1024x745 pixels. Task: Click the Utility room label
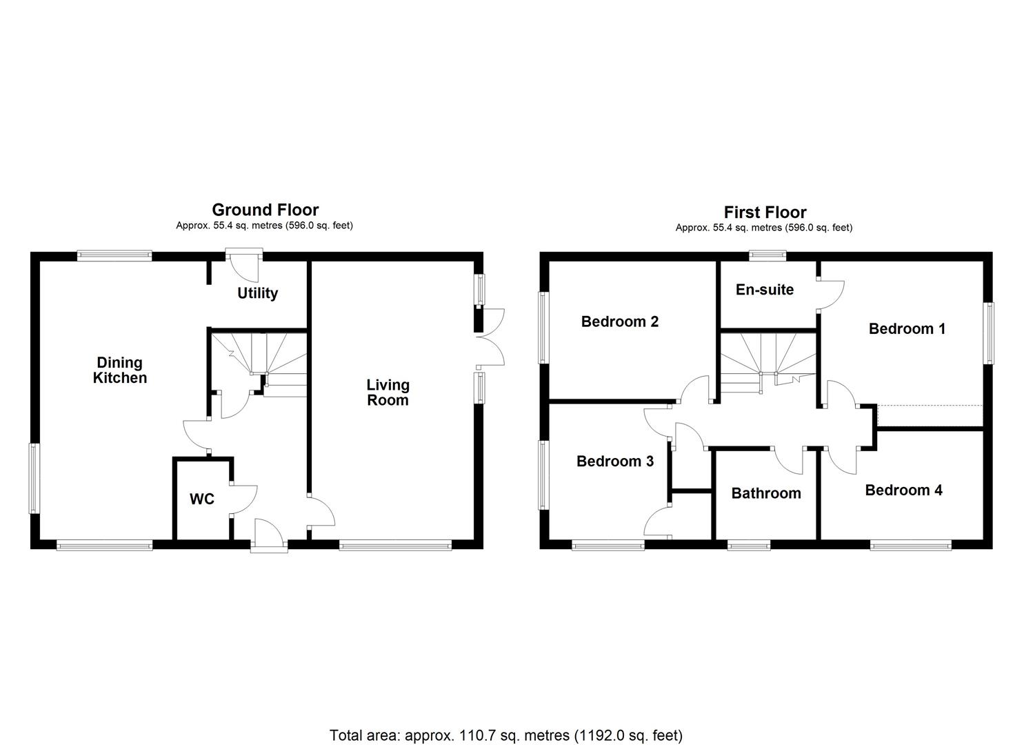click(257, 293)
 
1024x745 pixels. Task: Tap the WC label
click(202, 499)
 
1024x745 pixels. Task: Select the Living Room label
click(388, 393)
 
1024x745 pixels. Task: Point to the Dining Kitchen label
click(120, 370)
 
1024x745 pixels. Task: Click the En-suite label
click(765, 290)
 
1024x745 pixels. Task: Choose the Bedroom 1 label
click(907, 328)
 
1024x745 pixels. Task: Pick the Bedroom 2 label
click(620, 321)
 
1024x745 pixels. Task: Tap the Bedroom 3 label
click(615, 461)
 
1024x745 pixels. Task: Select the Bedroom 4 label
click(903, 490)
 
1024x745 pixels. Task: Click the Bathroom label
click(766, 493)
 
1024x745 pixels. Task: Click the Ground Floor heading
click(265, 210)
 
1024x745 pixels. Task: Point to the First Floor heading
click(765, 212)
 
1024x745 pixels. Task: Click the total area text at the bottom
click(506, 735)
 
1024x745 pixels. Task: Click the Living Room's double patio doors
click(491, 337)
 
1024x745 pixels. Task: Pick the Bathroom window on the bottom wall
click(749, 545)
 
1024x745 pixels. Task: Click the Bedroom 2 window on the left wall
click(543, 328)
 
